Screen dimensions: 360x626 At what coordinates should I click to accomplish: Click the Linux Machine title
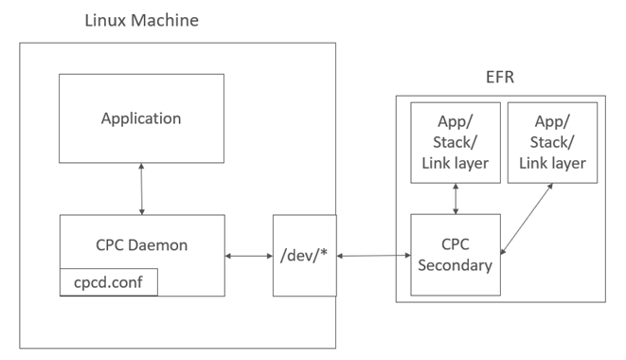142,19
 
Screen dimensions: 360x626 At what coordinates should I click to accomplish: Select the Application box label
141,118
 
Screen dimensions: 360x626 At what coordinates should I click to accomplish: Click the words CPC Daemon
141,244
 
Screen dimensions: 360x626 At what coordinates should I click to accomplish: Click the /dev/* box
304,256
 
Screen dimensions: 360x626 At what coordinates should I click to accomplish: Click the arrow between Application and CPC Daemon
141,189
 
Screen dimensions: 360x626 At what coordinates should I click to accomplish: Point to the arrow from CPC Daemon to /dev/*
248,256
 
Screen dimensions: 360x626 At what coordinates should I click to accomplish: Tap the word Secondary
455,265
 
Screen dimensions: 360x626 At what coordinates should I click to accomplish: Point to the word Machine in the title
167,19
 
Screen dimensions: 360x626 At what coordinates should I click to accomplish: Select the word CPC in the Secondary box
455,244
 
